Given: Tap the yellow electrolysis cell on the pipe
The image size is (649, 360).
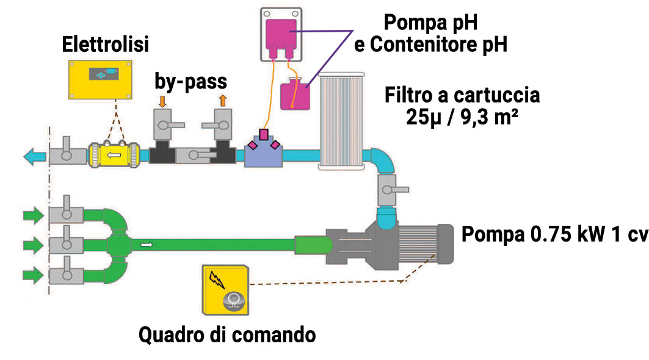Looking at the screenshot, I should tap(113, 157).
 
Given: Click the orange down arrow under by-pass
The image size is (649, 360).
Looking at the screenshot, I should tap(162, 100).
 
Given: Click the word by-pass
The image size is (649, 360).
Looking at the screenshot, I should tap(192, 81).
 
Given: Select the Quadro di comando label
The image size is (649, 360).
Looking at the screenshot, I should tap(227, 334).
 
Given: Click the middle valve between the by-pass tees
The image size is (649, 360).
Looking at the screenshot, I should tap(192, 156).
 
